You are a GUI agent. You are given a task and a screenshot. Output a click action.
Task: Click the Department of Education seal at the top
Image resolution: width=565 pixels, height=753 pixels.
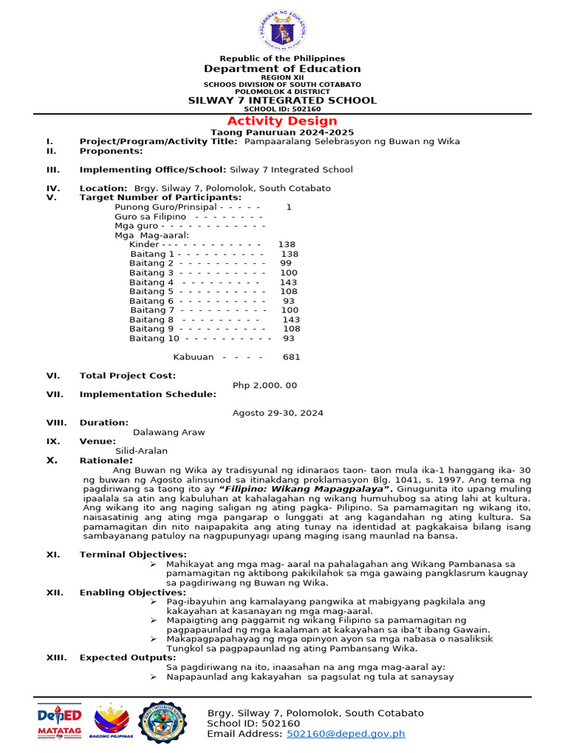[282, 32]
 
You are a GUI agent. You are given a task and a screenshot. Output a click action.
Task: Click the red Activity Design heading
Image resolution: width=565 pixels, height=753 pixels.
[282, 121]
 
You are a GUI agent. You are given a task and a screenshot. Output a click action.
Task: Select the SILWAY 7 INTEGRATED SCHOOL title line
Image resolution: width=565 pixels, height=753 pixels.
[282, 100]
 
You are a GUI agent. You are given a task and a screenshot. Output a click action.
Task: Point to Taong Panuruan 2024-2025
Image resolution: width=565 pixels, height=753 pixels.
[282, 132]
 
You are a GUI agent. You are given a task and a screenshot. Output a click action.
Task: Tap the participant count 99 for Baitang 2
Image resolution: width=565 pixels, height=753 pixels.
[286, 263]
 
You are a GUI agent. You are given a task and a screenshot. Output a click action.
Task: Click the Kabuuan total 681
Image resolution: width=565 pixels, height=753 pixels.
[291, 357]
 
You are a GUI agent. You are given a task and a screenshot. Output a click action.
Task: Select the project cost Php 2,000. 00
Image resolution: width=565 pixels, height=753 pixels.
[265, 385]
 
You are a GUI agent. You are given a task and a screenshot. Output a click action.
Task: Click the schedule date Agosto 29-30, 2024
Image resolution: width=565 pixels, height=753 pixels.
[277, 413]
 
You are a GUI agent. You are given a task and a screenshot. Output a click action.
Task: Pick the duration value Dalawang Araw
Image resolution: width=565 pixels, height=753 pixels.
[168, 432]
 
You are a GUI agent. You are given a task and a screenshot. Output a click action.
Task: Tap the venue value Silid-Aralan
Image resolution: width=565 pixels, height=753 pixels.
[141, 451]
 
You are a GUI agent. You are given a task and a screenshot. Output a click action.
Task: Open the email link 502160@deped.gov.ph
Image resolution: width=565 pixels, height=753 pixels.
[346, 733]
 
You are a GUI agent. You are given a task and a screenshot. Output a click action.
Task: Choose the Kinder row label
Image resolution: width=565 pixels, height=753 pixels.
[143, 244]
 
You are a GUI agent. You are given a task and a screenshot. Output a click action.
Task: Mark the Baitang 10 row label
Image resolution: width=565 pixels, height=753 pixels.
[154, 338]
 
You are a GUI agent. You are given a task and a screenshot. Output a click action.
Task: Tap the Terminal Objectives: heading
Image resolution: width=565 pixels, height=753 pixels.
[133, 554]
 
